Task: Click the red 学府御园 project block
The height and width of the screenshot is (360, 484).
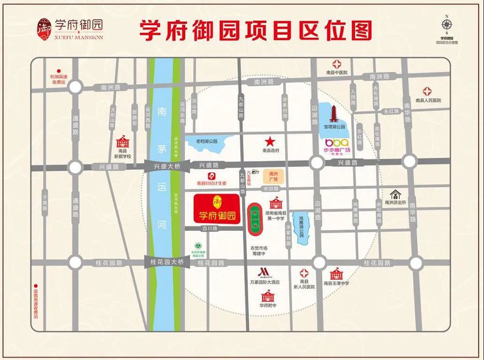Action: [x=216, y=209]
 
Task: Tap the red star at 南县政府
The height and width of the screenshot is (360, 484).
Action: [x=270, y=142]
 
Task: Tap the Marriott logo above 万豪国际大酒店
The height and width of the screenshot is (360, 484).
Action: [x=264, y=272]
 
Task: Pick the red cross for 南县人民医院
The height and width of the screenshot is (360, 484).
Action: [x=427, y=91]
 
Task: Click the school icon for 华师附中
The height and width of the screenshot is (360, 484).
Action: [x=267, y=296]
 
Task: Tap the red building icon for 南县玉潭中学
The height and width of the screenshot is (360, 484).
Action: [x=336, y=274]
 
